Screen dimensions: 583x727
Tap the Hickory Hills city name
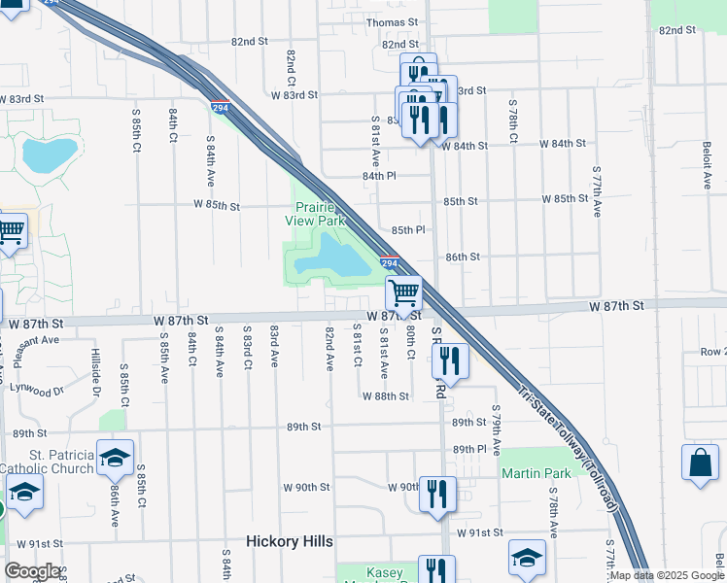pos(290,541)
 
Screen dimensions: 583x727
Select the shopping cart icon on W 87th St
pos(403,291)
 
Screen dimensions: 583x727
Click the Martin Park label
pos(536,472)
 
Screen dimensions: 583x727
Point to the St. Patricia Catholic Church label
pos(47,461)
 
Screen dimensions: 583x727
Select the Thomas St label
pos(391,22)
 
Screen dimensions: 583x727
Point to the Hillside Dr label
pos(96,373)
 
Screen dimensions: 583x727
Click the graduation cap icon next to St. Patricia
pos(115,457)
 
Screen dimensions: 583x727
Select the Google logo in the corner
pos(31,570)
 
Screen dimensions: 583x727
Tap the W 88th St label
pos(385,396)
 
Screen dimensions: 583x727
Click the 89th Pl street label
pos(468,448)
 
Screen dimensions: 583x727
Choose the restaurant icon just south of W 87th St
pos(452,360)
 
